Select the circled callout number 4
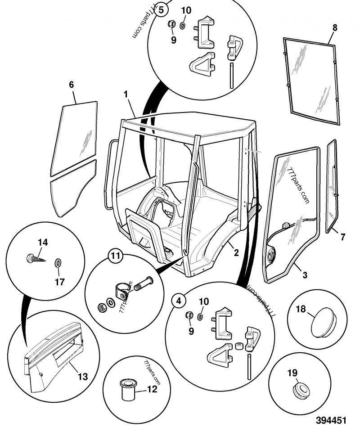coord(179,300)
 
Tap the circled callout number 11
coord(116,257)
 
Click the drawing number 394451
coord(331,420)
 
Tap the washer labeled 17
coord(58,262)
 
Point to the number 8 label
coord(334,27)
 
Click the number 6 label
coord(71,84)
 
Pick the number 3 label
coord(305,274)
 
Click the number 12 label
coord(152,389)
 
